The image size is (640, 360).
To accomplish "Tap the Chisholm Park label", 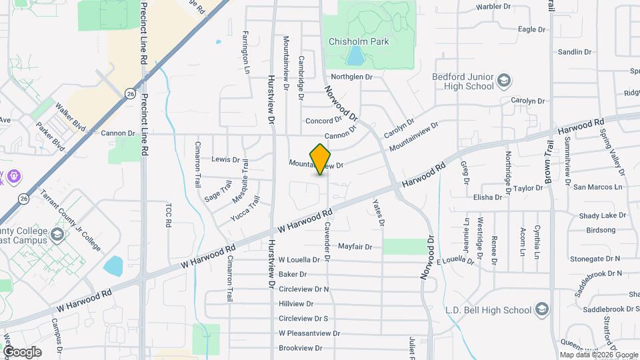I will tap(358, 41).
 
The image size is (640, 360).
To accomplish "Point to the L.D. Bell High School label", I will tap(489, 310).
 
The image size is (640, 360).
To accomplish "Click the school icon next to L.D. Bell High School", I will tap(543, 309).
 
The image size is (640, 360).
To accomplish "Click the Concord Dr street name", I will tap(323, 121).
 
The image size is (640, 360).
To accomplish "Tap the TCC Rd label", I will tap(168, 214).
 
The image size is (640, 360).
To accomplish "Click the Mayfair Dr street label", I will tap(355, 247).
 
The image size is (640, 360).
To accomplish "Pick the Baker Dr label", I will tap(293, 274).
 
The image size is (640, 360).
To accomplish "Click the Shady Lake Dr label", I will tap(603, 216).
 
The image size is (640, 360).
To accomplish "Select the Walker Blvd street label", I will tap(71, 115).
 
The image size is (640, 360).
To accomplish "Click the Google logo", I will tap(21, 352).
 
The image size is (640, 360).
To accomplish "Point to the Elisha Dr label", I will tap(487, 197).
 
